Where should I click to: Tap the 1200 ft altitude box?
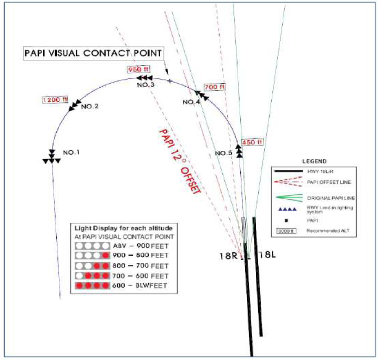coord(55,99)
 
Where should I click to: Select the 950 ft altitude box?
coord(135,69)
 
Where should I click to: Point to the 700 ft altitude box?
coord(214,87)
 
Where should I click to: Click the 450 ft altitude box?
coord(252,142)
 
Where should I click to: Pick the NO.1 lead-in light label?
coord(71,152)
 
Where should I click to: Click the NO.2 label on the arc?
coord(90,106)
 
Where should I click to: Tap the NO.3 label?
coord(146,85)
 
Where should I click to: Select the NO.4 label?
coord(191,102)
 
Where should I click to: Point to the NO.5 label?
coord(224,153)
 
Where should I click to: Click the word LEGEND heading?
coord(315,161)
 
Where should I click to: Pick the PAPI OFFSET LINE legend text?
coord(330,182)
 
